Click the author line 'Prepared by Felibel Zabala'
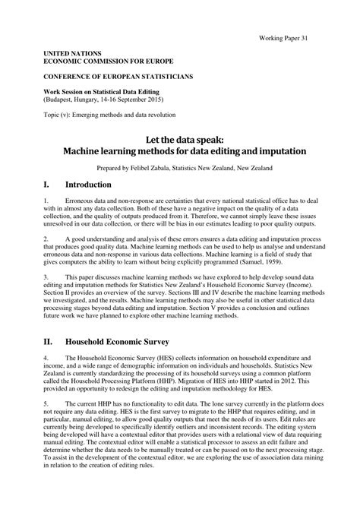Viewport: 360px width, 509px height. [x=180, y=168]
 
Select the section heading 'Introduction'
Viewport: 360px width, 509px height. [x=89, y=185]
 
